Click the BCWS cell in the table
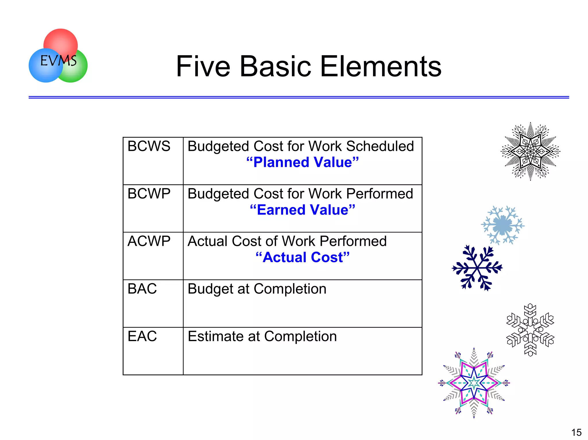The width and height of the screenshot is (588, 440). coord(149,146)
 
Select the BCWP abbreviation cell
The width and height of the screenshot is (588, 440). coord(149,194)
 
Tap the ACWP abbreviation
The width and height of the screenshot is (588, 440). coord(149,241)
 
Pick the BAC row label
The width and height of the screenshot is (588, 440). coord(142,289)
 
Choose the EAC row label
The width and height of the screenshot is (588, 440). coord(142,336)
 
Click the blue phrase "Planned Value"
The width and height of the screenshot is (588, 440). coord(303,162)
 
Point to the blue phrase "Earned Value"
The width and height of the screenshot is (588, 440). coord(303,210)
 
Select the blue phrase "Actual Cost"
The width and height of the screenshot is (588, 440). coord(303,257)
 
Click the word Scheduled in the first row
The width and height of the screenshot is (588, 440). coord(380,146)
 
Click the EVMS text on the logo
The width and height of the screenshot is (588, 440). coord(59,61)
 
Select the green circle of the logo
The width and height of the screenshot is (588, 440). coord(78,72)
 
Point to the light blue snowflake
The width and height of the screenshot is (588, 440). coord(502,225)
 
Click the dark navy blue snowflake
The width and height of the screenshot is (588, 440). coord(477,268)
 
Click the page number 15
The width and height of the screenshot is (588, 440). coord(576,432)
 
